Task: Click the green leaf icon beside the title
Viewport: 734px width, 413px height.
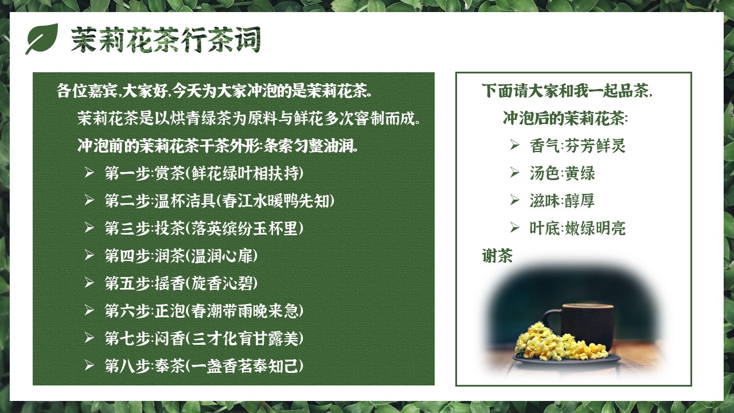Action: pyautogui.click(x=42, y=38)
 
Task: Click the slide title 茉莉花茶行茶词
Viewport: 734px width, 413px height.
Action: pyautogui.click(x=166, y=40)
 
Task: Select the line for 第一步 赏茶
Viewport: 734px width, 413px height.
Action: pyautogui.click(x=204, y=173)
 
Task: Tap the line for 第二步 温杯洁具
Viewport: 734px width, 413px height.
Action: pyautogui.click(x=220, y=201)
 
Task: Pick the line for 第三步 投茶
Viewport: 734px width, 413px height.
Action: pyautogui.click(x=204, y=228)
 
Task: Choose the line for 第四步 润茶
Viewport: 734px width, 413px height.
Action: pyautogui.click(x=181, y=256)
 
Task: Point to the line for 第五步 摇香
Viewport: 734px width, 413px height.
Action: pyautogui.click(x=181, y=283)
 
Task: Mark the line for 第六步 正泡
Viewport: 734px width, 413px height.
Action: pyautogui.click(x=204, y=311)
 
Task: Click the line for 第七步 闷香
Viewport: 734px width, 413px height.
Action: pyautogui.click(x=204, y=338)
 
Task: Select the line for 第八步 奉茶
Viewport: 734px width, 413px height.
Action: pyautogui.click(x=204, y=366)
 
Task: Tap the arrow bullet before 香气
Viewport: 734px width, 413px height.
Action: pyautogui.click(x=515, y=145)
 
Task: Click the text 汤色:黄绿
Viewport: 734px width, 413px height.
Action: pyautogui.click(x=563, y=173)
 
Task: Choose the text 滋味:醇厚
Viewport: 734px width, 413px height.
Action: pyautogui.click(x=562, y=201)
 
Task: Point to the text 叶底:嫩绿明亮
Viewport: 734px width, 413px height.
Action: pyautogui.click(x=577, y=228)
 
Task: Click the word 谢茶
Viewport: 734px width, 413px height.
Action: pyautogui.click(x=497, y=256)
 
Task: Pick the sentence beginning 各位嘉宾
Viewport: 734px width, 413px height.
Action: pyautogui.click(x=214, y=91)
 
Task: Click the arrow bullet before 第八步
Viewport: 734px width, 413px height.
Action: pyautogui.click(x=89, y=365)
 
